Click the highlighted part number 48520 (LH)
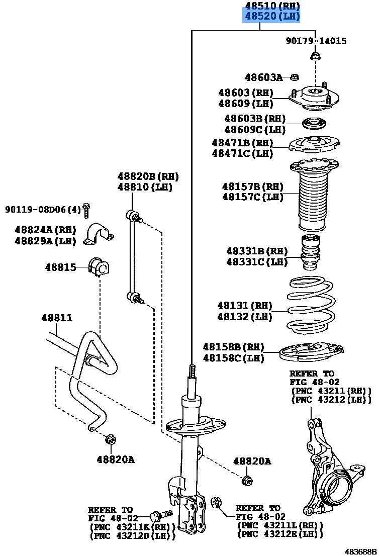[x=271, y=17]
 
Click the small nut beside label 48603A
[x=296, y=77]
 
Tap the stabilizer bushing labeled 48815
[x=98, y=267]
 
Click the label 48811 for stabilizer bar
[x=57, y=318]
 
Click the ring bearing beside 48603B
[x=313, y=123]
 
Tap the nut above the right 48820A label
[x=247, y=480]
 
